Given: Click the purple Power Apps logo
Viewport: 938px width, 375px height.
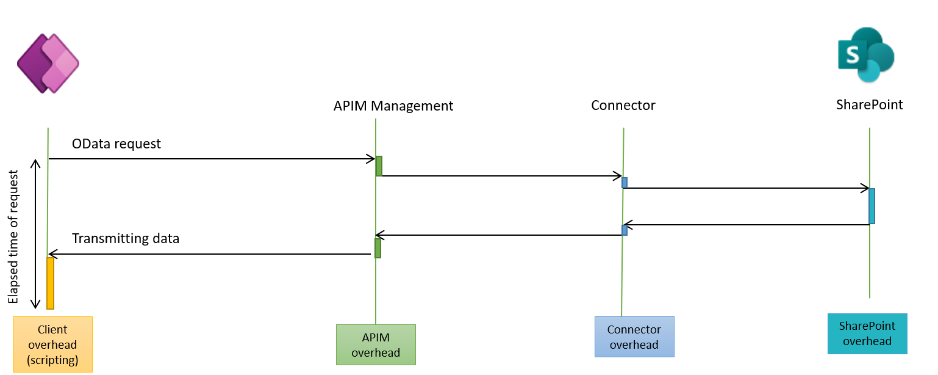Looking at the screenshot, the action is tap(48, 64).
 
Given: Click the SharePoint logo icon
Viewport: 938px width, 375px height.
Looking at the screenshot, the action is tap(866, 55).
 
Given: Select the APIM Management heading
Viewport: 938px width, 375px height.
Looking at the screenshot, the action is tap(393, 106).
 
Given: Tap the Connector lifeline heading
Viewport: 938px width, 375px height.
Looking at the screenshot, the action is tap(623, 105).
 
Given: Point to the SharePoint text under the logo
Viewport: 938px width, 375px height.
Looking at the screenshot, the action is tap(869, 104).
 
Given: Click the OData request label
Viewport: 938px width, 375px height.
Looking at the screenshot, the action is tap(116, 144).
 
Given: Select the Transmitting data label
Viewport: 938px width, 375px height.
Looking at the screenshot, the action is tap(126, 238).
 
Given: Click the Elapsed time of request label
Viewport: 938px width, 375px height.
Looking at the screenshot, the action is tap(13, 236).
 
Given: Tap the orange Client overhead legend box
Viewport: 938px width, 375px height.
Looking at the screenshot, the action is tap(53, 344).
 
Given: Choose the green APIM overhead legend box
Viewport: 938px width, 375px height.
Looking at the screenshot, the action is tap(376, 345).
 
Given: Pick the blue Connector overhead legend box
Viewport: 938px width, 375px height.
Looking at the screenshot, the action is tap(634, 337).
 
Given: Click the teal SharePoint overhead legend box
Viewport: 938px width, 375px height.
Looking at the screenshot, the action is tap(867, 333).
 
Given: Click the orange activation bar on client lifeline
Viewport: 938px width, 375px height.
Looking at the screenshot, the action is tap(50, 283).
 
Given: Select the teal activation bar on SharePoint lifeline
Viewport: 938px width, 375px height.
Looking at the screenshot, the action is tap(872, 206).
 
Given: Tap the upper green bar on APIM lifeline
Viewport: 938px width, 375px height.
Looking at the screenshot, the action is tap(379, 166).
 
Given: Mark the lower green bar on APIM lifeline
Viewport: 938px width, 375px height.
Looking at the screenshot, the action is tap(378, 249).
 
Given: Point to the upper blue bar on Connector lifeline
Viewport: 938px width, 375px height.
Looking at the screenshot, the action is tap(625, 183).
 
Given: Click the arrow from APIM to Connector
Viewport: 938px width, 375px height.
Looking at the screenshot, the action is tap(502, 176).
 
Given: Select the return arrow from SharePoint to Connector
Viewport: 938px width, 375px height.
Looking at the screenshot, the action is tap(746, 225).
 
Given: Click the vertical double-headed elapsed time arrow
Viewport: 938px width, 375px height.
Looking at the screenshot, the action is tap(35, 234).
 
